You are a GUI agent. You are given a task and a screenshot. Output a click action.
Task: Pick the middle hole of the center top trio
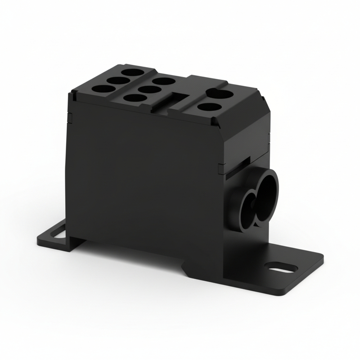[148, 89]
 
